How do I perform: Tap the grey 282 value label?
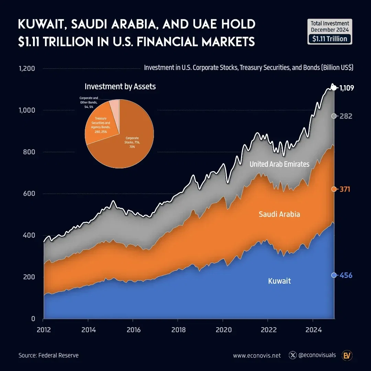point(346,116)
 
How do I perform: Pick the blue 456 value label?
point(346,276)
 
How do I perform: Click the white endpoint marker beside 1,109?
point(334,88)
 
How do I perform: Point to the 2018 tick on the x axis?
point(178,330)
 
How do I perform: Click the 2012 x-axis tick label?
point(43,330)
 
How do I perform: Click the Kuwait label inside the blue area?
point(279,281)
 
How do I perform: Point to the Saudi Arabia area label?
point(279,214)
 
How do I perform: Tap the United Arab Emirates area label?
point(279,164)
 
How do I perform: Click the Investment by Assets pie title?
point(120,87)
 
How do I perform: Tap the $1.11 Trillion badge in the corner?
point(329,39)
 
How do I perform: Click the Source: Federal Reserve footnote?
point(48,355)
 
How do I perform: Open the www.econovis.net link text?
point(257,356)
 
